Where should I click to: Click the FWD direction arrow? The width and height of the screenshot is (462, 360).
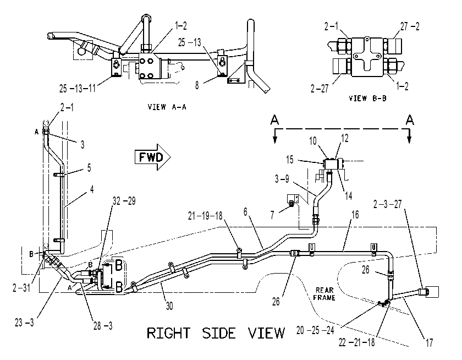coord(153,157)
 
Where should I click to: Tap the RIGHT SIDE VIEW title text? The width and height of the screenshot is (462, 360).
coord(216,333)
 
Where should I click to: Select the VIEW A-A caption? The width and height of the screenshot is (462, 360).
coord(167,107)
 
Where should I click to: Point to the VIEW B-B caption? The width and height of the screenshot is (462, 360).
coord(367,98)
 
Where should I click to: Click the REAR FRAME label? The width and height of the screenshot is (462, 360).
coord(324,294)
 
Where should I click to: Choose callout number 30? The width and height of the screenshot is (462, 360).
coord(169,306)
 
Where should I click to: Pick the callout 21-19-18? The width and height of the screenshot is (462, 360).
coord(205,216)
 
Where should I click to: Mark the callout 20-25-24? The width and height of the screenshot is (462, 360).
coord(315,330)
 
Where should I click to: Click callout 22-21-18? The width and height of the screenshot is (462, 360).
coord(356,342)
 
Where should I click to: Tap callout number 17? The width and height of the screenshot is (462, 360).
coord(430,342)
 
